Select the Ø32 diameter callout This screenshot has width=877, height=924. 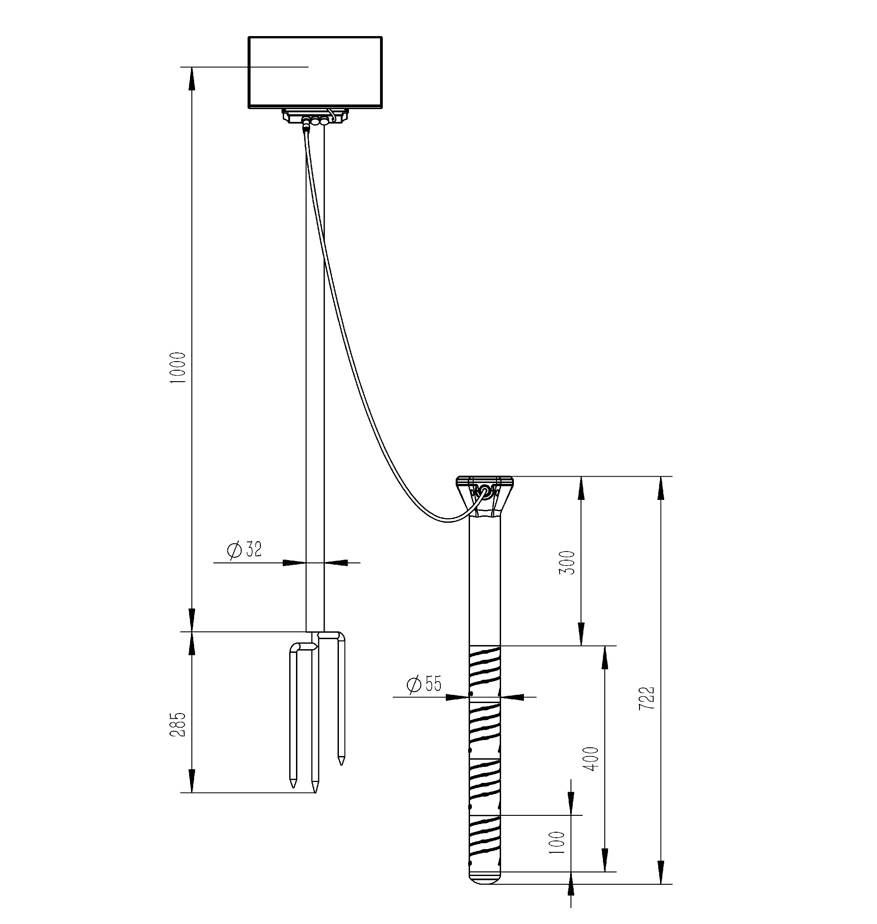point(244,549)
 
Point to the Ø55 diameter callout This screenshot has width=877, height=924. point(424,684)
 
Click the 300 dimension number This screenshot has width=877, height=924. point(567,562)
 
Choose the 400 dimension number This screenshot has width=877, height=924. point(592,759)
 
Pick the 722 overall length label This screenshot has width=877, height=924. point(647,698)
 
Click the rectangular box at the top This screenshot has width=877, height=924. point(316,73)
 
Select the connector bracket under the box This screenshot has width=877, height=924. point(315,117)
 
